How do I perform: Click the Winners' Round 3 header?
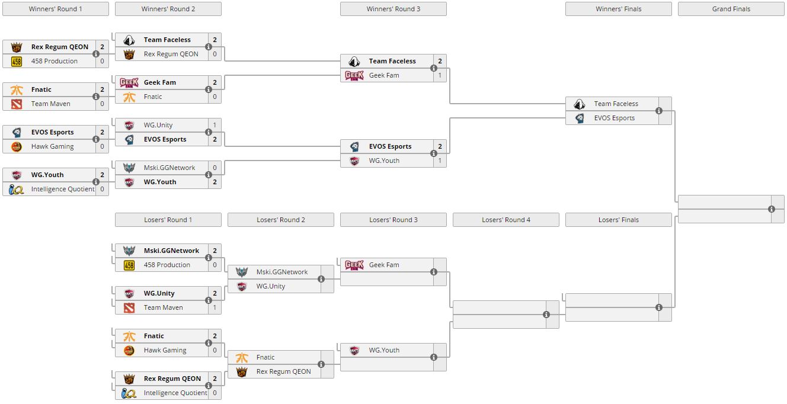393,9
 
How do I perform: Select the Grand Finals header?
731,9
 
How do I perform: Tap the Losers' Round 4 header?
506,220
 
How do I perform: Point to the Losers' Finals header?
618,220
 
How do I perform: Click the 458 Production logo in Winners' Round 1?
17,61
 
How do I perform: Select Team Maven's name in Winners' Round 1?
50,104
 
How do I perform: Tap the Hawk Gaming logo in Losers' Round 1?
129,350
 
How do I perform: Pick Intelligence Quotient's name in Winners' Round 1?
63,189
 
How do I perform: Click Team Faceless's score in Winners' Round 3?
440,61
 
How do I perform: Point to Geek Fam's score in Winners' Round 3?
440,75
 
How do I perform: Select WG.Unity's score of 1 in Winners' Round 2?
215,125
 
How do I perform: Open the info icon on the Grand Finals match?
772,209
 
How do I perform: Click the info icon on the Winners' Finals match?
659,111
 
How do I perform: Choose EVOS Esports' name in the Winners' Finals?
614,118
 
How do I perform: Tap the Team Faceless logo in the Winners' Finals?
580,104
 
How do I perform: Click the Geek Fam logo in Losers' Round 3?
354,265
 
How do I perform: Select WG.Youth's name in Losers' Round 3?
384,350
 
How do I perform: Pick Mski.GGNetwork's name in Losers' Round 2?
282,272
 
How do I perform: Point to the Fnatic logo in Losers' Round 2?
242,357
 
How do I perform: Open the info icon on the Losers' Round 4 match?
546,315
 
